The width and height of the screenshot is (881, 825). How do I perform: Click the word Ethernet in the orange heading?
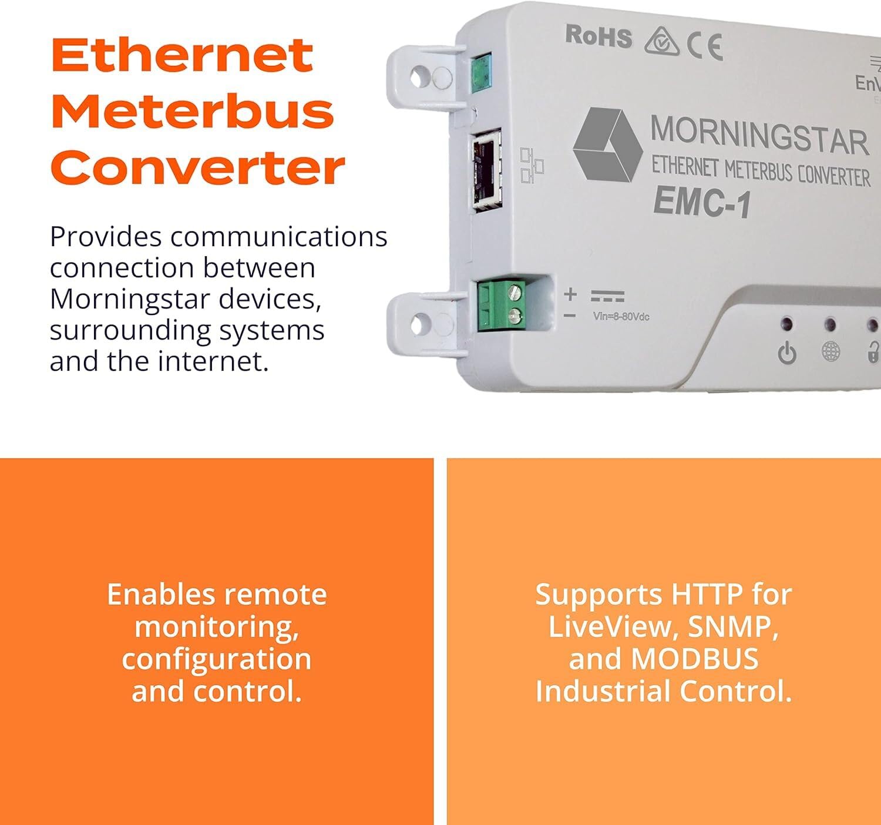pos(181,56)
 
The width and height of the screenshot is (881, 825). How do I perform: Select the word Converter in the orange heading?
pos(198,167)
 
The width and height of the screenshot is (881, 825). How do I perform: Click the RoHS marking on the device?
pos(598,37)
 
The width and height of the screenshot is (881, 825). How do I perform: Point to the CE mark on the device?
pos(705,47)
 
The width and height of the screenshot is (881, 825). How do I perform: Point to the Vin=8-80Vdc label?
pos(621,317)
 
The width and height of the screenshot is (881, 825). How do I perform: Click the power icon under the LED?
pos(787,354)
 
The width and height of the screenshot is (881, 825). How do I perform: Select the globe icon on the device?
pos(830,353)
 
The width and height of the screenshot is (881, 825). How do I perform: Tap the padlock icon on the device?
pos(874,353)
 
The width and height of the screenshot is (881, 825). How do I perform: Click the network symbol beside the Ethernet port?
pos(532,166)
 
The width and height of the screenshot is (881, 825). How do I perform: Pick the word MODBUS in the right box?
pos(694,659)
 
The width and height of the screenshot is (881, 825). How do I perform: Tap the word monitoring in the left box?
pos(216,626)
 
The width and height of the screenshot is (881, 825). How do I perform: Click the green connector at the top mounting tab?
pos(482,73)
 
